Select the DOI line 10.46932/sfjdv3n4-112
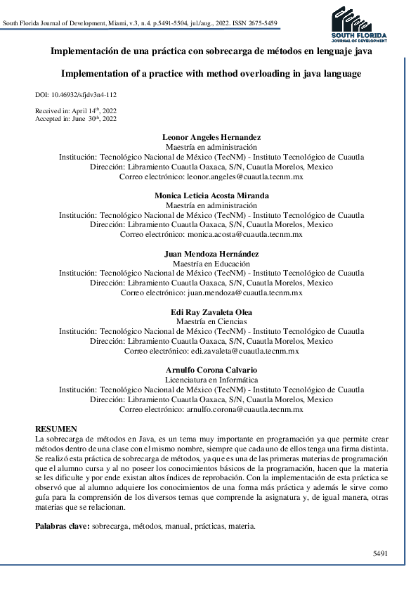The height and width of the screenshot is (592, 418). coord(75,94)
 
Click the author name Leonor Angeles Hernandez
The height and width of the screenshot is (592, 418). coord(211,136)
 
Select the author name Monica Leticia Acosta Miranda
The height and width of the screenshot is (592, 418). coord(211,195)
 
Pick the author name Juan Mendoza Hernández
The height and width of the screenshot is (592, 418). coord(211,253)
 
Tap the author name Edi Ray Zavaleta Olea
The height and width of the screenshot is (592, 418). coord(211,311)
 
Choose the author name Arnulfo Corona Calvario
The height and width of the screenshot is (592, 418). coord(211,370)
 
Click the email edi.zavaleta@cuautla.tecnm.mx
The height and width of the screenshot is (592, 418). coord(245,351)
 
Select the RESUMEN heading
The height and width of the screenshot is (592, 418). coord(56,429)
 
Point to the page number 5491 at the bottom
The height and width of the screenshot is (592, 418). coord(380,553)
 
